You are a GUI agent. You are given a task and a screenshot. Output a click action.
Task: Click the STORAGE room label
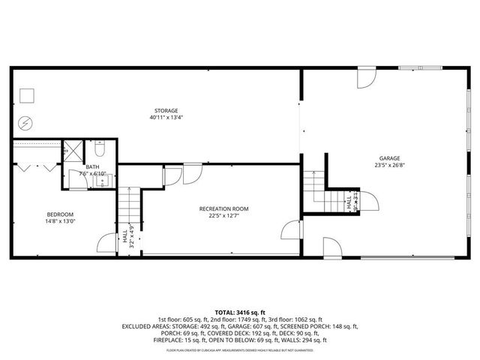pos(166,110)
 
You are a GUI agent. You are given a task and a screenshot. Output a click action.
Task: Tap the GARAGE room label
pos(388,158)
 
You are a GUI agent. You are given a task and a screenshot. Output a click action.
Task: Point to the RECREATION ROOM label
pos(223,208)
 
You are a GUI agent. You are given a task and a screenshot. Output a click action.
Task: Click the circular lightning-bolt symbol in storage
pos(26,121)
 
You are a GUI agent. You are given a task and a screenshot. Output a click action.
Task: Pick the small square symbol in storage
pos(28,94)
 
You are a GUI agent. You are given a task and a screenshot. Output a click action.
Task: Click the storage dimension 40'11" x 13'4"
pos(166,118)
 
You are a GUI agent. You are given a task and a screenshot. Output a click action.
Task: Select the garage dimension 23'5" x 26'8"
pos(388,166)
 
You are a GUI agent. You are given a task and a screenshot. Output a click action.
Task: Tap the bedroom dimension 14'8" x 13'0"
pos(61,221)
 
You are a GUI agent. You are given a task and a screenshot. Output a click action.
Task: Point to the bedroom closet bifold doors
pos(35,163)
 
